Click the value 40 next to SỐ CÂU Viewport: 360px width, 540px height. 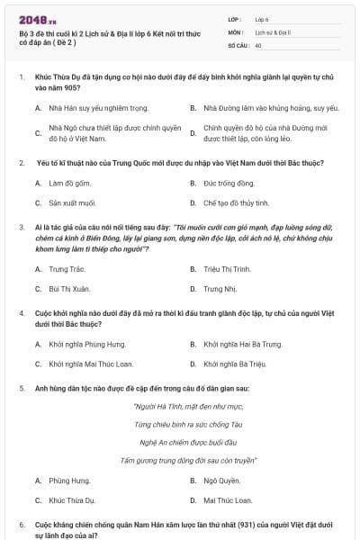[258, 44]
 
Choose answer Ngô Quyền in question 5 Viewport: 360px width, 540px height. [223, 480]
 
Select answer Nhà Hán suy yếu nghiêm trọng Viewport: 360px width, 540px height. [103, 108]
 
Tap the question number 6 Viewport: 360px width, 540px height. [22, 523]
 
